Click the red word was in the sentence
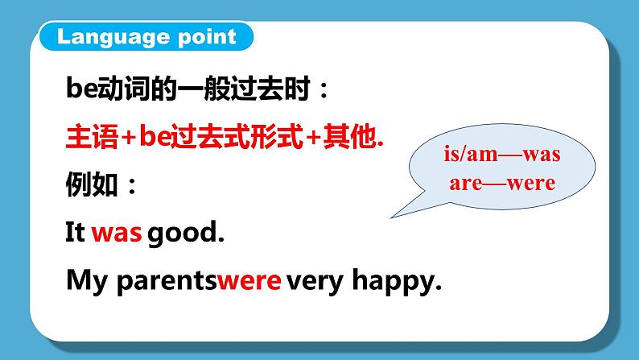click(116, 234)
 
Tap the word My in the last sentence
click(85, 281)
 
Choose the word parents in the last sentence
click(167, 282)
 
